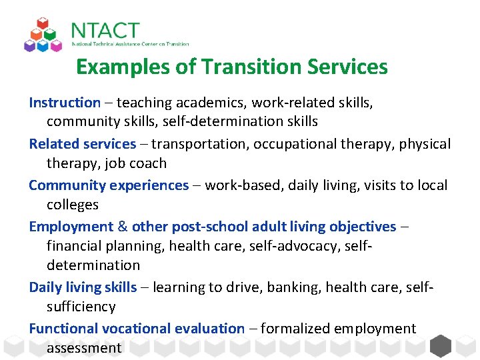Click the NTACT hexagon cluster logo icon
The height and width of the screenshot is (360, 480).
(43, 35)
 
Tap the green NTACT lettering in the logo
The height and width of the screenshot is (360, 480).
(105, 31)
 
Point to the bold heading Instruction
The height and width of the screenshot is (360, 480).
(65, 103)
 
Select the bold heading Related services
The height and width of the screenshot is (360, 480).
(83, 144)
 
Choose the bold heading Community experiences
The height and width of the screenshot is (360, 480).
(109, 185)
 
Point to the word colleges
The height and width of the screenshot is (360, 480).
(72, 205)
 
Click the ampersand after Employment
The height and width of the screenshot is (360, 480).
(123, 227)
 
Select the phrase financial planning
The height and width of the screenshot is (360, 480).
(105, 246)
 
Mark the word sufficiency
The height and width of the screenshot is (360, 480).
(81, 307)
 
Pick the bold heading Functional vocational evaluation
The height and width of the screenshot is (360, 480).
(137, 329)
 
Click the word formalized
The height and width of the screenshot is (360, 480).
(295, 329)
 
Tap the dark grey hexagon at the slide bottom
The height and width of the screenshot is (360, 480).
(441, 346)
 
